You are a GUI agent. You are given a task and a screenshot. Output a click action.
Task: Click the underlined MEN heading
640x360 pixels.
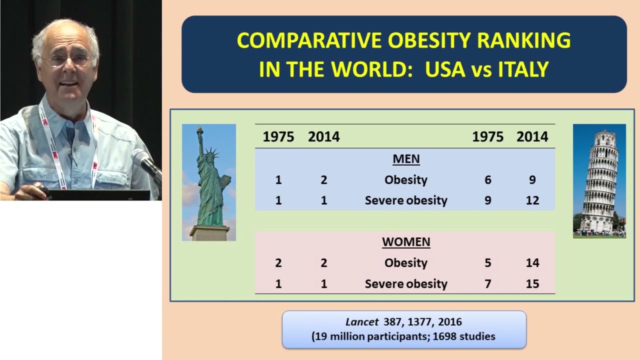pyautogui.click(x=405, y=159)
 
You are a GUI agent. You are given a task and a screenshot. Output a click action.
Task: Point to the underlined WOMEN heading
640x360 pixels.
pyautogui.click(x=405, y=242)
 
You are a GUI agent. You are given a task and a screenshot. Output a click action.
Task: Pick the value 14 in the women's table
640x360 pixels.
pyautogui.click(x=532, y=263)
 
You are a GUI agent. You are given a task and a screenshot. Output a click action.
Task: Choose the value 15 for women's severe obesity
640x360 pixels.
pyautogui.click(x=532, y=284)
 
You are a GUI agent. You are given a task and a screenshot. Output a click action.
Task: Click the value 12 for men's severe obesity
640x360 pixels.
pyautogui.click(x=532, y=200)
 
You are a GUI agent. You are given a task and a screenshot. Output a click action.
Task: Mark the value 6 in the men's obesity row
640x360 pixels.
pyautogui.click(x=488, y=180)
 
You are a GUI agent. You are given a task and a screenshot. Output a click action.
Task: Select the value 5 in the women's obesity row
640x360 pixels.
pyautogui.click(x=488, y=263)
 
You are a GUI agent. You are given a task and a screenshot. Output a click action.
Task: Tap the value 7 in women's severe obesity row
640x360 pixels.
pyautogui.click(x=488, y=284)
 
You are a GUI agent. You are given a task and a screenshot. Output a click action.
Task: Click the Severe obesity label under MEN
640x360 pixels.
pyautogui.click(x=405, y=200)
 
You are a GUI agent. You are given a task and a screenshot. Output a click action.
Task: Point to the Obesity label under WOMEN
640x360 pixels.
pyautogui.click(x=405, y=263)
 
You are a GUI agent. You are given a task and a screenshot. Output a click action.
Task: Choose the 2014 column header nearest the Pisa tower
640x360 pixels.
pyautogui.click(x=532, y=136)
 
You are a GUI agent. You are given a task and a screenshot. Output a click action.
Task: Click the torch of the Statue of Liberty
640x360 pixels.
pyautogui.click(x=199, y=131)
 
